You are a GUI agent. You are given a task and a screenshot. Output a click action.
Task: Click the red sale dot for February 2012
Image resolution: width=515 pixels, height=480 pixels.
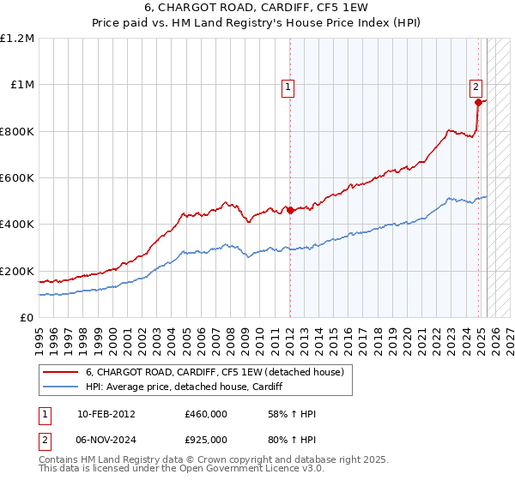tap(290, 210)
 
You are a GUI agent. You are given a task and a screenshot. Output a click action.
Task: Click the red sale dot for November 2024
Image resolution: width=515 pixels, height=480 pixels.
tap(478, 102)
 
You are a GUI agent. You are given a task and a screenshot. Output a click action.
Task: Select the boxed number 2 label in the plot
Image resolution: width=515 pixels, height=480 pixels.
tap(476, 86)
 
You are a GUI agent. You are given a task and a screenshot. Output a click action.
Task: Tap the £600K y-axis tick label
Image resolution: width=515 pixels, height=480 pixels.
tap(17, 178)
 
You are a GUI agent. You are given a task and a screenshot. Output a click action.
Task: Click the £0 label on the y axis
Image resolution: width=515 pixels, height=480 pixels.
tap(27, 318)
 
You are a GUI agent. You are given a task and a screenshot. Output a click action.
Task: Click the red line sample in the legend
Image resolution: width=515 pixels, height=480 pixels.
tap(62, 372)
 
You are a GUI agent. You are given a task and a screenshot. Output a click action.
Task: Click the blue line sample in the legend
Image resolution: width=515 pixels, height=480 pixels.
tap(62, 387)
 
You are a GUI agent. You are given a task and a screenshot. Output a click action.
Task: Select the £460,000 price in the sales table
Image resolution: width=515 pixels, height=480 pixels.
tap(206, 414)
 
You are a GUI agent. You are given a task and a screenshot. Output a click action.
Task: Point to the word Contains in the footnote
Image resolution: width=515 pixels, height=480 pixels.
tap(59, 461)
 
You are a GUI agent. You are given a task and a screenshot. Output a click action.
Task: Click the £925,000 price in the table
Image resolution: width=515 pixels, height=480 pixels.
tap(206, 440)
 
